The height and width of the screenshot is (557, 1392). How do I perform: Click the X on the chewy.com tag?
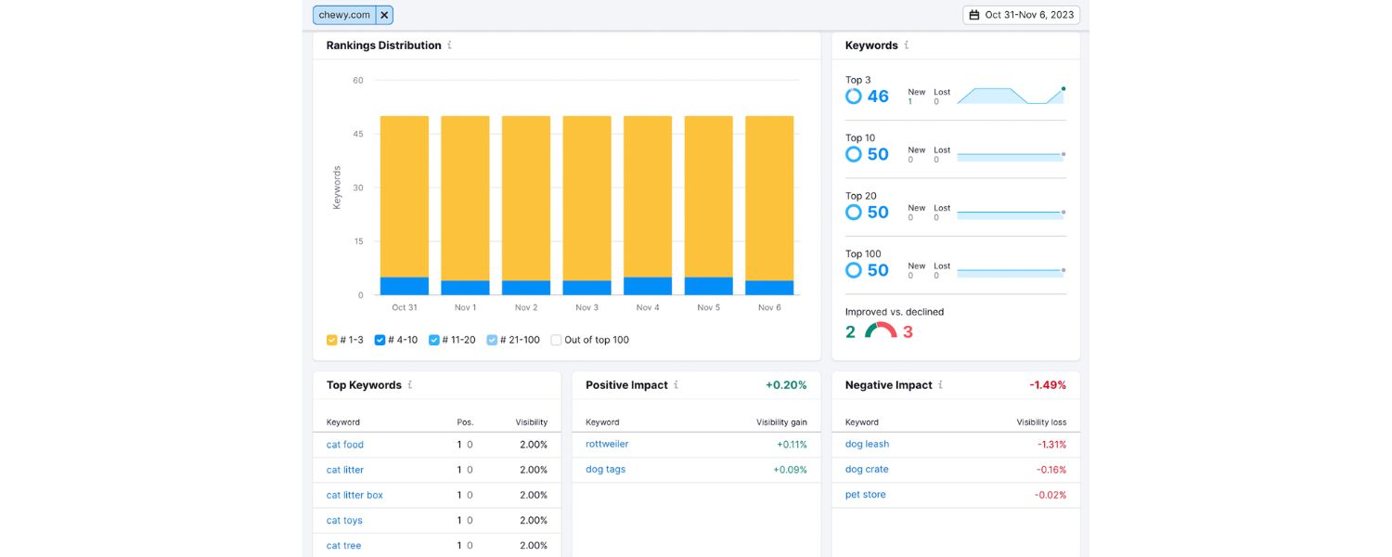point(384,15)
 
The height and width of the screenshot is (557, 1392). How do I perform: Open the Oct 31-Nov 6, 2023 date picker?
point(1021,15)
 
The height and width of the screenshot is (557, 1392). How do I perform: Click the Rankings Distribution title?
point(383,45)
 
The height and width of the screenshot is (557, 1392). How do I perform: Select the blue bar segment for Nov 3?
point(586,288)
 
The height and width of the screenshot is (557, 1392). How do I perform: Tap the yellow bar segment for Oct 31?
point(405,196)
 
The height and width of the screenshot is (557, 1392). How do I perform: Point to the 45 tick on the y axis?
point(358,135)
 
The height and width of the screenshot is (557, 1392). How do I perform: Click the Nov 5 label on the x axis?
point(708,307)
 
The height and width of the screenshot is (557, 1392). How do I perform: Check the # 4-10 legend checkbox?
point(380,340)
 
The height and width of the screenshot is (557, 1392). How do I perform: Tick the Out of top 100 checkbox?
point(556,340)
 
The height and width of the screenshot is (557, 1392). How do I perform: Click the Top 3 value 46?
point(878,97)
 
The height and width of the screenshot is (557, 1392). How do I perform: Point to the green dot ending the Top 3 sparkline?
point(1063,89)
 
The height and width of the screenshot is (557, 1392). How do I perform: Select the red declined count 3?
point(908,332)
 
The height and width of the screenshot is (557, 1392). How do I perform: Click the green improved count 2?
point(850,332)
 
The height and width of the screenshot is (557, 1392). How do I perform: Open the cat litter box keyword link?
point(354,495)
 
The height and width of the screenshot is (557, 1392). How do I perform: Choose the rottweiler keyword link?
point(607,444)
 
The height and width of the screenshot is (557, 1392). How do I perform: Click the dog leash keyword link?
point(867,444)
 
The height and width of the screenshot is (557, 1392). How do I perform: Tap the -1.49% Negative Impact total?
point(1047,385)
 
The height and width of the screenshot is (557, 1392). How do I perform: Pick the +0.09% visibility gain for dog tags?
point(790,470)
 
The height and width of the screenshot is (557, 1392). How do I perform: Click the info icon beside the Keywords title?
point(907,45)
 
